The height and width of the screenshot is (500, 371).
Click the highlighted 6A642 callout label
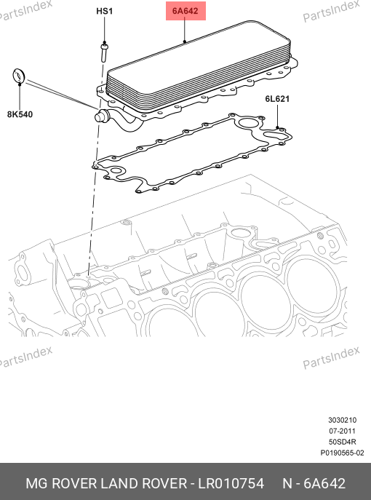coord(185,11)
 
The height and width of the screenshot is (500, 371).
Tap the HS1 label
coord(105,11)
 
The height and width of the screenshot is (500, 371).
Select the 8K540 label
coord(20,114)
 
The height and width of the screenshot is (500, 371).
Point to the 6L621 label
coord(277,99)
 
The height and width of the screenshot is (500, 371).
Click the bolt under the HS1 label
coord(104,52)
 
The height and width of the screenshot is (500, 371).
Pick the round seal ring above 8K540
coord(18,76)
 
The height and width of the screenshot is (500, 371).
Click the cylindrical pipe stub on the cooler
coord(102,116)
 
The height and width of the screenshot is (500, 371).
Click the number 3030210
coord(343,420)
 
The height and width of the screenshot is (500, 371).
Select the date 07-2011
coord(343,431)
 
